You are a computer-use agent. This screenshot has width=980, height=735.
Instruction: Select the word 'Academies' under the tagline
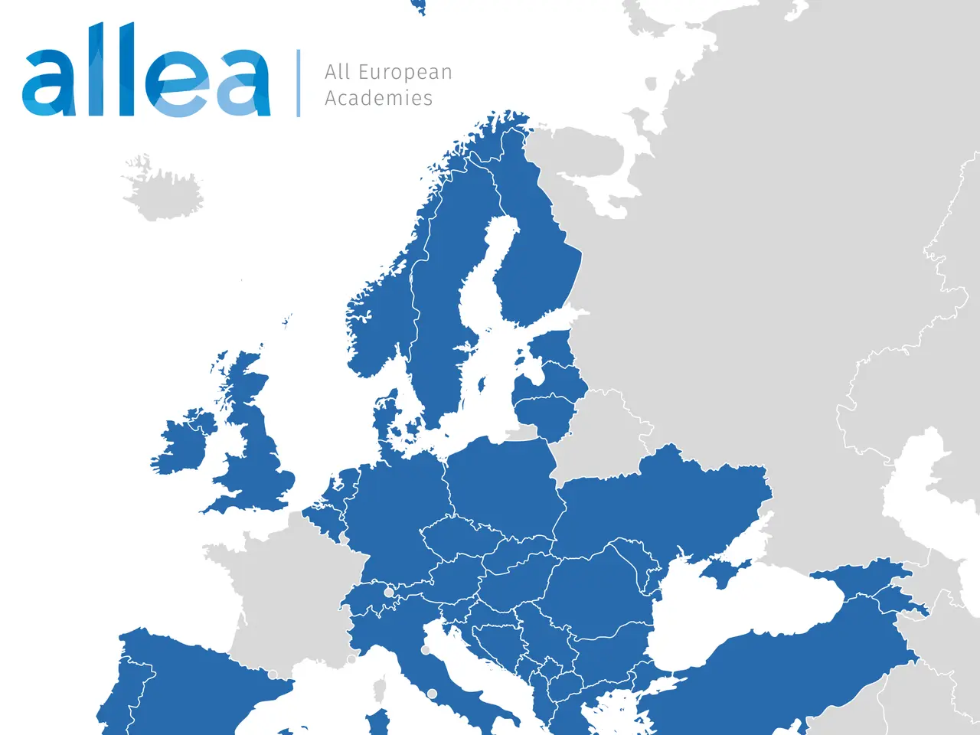(378, 99)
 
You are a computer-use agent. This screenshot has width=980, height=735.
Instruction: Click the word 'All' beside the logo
(337, 72)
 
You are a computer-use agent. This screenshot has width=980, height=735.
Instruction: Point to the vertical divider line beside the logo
(298, 83)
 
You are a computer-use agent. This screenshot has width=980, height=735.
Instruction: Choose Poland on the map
(501, 482)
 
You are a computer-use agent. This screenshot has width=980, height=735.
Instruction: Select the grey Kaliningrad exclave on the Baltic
(522, 433)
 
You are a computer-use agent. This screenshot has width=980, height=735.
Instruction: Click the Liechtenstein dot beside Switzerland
(388, 592)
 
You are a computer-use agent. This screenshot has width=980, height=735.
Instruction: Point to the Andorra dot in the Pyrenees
(272, 675)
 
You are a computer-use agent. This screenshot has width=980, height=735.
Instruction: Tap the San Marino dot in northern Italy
(426, 650)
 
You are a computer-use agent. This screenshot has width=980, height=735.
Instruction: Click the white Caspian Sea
(919, 490)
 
